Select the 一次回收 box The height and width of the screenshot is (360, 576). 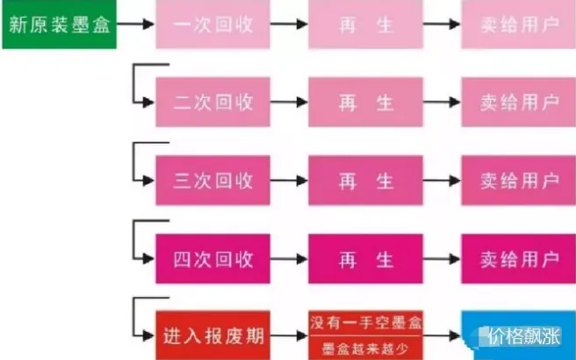(213, 24)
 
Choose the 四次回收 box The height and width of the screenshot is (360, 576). (213, 259)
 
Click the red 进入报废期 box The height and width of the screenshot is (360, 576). (213, 335)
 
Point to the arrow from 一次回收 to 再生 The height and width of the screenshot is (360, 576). (290, 24)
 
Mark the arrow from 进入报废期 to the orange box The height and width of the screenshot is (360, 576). (290, 335)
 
